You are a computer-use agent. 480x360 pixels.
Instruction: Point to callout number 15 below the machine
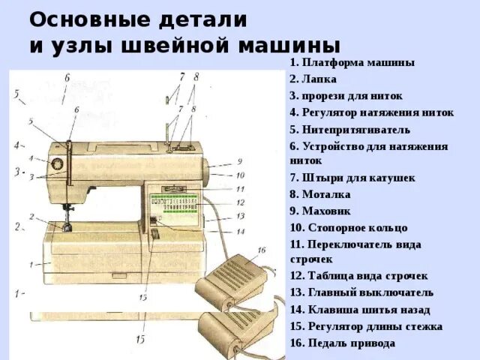click(x=140, y=340)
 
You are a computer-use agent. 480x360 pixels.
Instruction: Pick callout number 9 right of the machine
click(x=239, y=161)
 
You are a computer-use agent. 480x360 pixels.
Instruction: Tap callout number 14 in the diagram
click(x=240, y=231)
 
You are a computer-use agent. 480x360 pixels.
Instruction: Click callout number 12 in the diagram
click(x=240, y=202)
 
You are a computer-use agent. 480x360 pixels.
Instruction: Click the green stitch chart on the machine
click(x=173, y=205)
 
